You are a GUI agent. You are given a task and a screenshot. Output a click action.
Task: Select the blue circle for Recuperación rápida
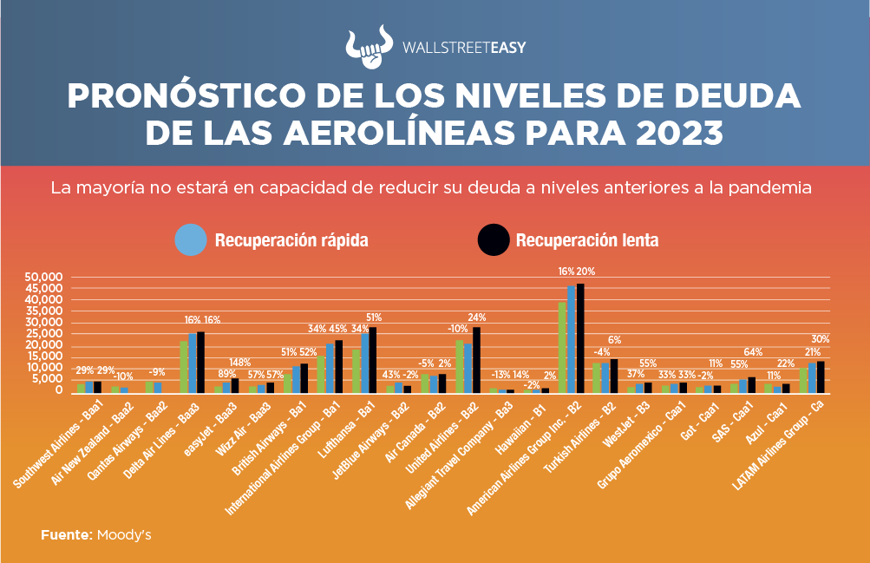point(191,239)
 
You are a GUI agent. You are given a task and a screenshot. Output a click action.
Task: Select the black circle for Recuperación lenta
point(494,239)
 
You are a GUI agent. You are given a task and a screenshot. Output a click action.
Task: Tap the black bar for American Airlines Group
point(580,337)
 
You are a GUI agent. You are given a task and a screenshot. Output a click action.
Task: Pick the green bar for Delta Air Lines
point(184,366)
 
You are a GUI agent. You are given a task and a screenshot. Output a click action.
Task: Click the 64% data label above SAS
point(753,351)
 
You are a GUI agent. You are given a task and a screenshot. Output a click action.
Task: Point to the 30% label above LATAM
point(821,338)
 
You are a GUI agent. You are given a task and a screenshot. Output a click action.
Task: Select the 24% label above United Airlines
point(476,318)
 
